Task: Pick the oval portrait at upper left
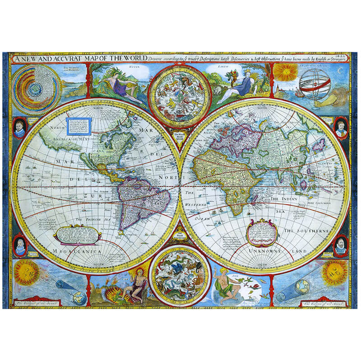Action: [19, 128]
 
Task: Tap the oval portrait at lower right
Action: [341, 245]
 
